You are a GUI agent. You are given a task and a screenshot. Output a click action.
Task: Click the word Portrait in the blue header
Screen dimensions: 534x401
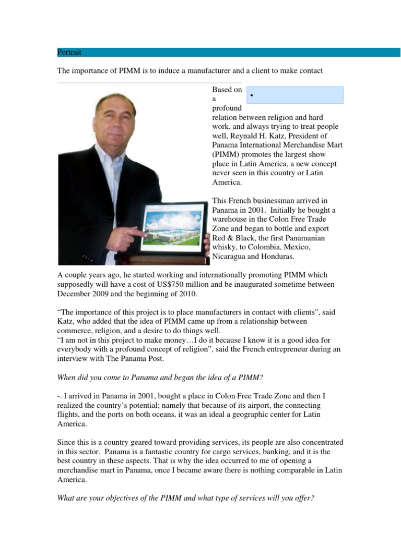pos(69,52)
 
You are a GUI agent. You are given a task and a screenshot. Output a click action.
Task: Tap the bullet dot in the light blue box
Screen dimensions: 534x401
pos(252,96)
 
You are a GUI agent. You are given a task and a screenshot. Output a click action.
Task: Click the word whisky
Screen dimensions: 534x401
pos(226,247)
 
